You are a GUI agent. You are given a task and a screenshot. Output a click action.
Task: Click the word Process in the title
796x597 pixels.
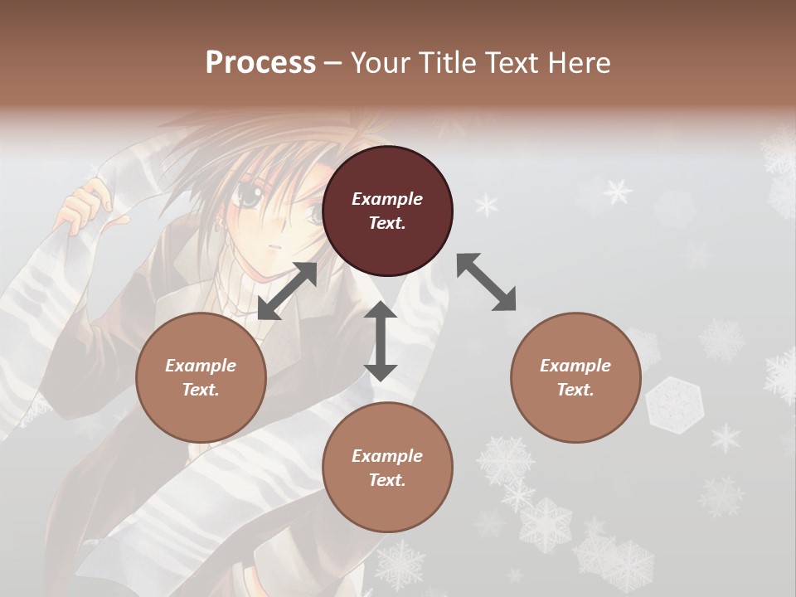tap(260, 62)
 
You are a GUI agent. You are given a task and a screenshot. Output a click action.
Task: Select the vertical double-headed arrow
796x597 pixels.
tap(381, 341)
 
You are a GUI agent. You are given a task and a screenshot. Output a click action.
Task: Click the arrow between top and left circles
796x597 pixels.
tap(288, 290)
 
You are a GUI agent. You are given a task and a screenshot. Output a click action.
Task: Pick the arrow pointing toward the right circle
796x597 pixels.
tap(486, 282)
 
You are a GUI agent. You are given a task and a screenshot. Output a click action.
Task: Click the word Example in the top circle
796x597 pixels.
tap(387, 199)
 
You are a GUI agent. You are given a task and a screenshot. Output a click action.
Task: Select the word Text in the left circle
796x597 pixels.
tap(201, 390)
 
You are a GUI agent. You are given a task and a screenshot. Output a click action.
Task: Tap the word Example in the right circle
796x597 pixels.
tap(575, 366)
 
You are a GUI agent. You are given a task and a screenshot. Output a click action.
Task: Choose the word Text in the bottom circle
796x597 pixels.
tap(387, 480)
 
